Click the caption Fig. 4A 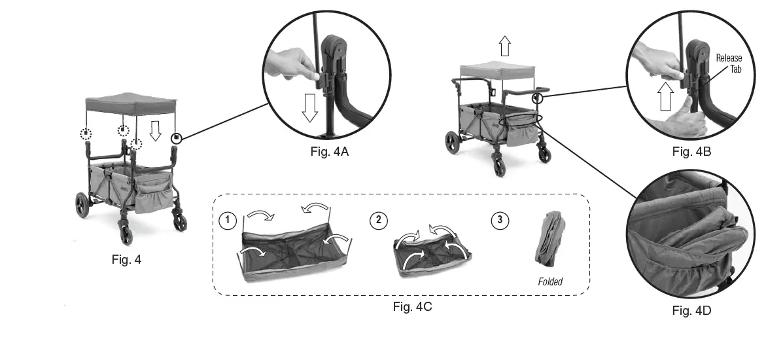point(332,151)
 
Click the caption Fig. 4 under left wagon point(126,259)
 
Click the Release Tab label point(729,63)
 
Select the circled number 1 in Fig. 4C point(227,221)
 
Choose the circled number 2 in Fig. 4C point(377,221)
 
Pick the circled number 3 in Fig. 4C point(500,221)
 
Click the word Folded point(550,282)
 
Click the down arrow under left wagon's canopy point(154,131)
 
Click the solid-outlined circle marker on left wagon point(175,138)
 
